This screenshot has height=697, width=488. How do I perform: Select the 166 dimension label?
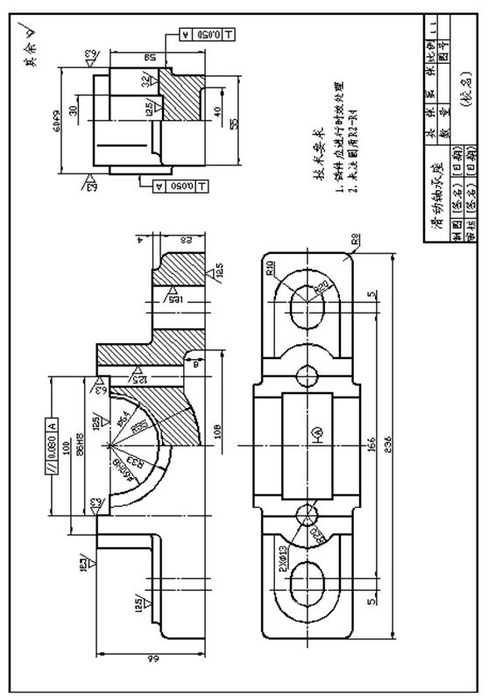click(372, 440)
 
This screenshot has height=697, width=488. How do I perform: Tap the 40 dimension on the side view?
click(216, 114)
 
